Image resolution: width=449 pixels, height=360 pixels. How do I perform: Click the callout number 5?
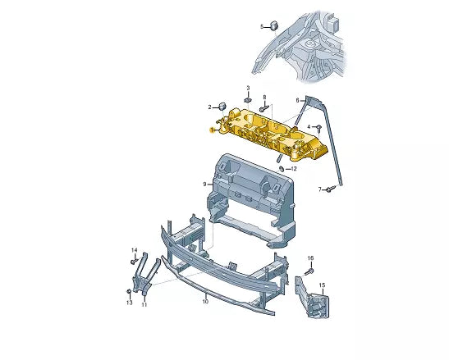(263, 26)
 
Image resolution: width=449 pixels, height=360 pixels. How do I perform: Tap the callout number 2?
(209, 107)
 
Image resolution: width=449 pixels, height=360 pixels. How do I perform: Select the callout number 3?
(247, 87)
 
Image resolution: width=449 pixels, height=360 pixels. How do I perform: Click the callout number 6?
(298, 100)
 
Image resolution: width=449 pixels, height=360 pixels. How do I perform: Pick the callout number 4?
(309, 127)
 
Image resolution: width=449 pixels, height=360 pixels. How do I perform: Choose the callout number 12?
(294, 169)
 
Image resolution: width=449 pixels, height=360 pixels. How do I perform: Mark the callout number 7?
(320, 189)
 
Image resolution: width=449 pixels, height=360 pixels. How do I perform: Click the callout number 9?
(205, 185)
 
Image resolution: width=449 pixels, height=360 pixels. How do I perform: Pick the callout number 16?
(311, 258)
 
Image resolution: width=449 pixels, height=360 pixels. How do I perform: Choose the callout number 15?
(323, 285)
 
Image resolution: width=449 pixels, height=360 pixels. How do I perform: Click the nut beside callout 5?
(274, 25)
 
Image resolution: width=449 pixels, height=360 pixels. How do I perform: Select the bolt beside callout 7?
(329, 189)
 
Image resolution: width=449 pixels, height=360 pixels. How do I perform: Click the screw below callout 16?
(310, 270)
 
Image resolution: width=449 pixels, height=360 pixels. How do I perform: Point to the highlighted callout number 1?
(212, 130)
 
